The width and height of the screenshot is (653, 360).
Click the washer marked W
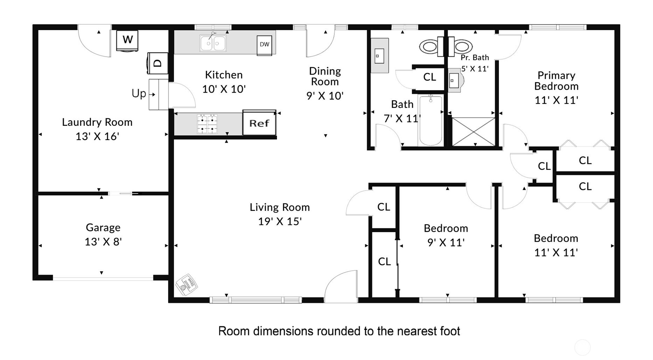(x=127, y=41)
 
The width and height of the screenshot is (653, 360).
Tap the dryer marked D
(x=157, y=63)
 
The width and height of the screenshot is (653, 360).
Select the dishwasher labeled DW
(x=264, y=45)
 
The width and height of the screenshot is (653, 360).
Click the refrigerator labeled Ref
(x=259, y=123)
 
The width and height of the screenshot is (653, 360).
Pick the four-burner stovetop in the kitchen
(x=207, y=124)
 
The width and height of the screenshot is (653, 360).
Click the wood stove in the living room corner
(x=187, y=285)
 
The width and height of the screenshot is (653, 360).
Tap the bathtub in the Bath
(x=430, y=120)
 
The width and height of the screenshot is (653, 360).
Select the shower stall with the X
(x=473, y=132)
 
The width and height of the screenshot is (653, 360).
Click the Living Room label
(x=280, y=207)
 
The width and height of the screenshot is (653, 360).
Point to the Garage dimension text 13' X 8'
(x=103, y=242)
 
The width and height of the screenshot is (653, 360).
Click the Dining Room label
(x=325, y=76)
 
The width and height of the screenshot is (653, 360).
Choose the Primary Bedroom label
(x=556, y=81)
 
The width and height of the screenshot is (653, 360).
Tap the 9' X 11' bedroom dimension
(x=446, y=242)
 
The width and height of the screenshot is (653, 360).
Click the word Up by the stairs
(x=139, y=94)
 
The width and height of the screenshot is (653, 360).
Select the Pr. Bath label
(x=475, y=57)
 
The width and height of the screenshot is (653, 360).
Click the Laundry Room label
(x=97, y=122)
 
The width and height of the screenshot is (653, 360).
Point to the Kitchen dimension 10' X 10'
(x=224, y=89)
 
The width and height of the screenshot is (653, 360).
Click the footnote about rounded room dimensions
(x=339, y=331)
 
